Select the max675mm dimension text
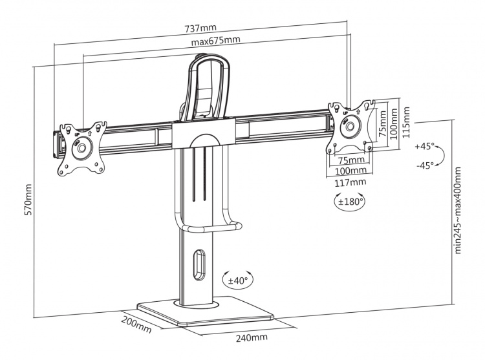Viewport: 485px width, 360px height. pos(216,41)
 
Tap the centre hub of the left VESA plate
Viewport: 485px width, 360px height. pos(81,148)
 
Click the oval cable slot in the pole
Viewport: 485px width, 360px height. pos(199,266)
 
